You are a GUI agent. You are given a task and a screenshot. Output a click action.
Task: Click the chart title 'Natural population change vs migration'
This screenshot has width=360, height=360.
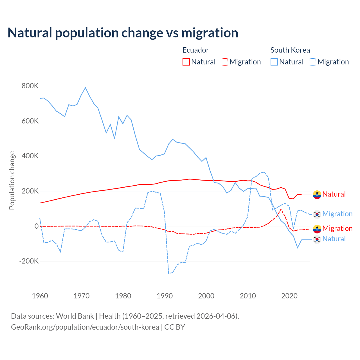coord(123,33)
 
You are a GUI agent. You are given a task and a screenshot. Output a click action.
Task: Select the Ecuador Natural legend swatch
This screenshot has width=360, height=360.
coord(186,62)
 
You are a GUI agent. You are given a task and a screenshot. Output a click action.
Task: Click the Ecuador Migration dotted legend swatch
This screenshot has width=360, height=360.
coord(224,62)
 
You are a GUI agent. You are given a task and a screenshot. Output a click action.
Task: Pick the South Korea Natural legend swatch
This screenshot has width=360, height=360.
coord(274,62)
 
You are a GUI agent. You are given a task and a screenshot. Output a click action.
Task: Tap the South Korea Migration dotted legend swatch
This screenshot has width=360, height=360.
coord(312,62)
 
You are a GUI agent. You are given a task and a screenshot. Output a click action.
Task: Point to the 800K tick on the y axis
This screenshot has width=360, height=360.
coord(30,86)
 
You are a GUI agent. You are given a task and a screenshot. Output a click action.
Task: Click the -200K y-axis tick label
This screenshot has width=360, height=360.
coord(29,261)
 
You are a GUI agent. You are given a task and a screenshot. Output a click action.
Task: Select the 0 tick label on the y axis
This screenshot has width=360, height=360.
coord(37,226)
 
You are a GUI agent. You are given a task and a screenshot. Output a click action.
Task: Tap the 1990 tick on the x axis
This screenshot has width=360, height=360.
coord(165,296)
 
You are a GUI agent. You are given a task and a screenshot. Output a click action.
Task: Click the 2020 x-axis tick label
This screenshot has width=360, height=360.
coord(289,296)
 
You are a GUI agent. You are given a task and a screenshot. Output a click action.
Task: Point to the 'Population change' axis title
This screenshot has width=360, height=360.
coord(12,180)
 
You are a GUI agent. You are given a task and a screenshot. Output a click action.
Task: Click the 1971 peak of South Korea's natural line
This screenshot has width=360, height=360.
coord(85,88)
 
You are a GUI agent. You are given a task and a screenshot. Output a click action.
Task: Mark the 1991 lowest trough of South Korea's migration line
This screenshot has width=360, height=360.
coord(169,273)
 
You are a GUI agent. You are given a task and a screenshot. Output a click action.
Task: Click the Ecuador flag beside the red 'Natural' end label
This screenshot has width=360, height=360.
coord(317,194)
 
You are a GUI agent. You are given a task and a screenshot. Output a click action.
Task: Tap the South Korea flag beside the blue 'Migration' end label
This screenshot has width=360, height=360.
coord(317,214)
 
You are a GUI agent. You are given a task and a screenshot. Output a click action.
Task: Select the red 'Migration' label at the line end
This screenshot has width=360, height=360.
coord(337,228)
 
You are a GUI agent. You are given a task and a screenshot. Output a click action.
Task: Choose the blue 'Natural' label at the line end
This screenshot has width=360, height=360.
coord(334,239)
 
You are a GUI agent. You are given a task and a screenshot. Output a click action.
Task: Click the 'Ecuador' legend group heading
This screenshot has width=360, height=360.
coord(195,50)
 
